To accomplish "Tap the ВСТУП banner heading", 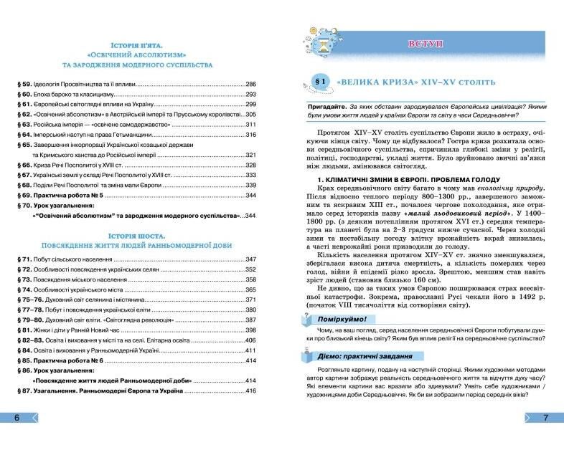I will [426, 44].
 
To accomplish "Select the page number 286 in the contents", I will [250, 84].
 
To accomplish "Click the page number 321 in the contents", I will [250, 154].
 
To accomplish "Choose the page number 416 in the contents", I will [250, 391].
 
